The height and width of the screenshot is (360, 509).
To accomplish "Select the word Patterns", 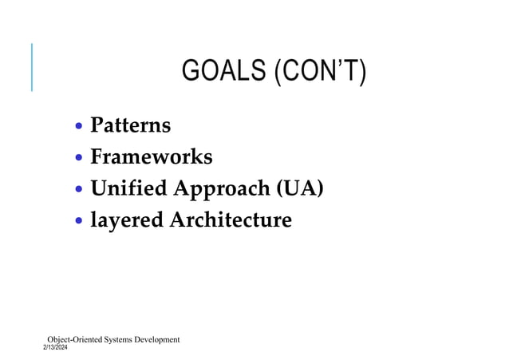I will coord(130,125).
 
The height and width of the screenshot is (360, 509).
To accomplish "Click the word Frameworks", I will coord(151,156).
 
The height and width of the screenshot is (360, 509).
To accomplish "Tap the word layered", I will coord(126,220).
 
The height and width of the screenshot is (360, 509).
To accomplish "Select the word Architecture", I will coord(230,219).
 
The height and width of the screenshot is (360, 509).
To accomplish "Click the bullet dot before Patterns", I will coord(79,127).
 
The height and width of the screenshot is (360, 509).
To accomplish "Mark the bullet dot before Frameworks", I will coord(79,158).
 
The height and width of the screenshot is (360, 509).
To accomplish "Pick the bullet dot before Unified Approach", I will coord(79,190).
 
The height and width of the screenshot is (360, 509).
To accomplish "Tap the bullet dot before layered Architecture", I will coord(79,221).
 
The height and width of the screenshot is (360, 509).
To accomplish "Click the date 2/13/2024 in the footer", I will coord(56,348).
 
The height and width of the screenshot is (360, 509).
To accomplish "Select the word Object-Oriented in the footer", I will coord(76,339).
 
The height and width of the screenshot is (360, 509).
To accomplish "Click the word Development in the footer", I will coord(159,339).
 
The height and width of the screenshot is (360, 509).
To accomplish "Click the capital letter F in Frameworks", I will coord(97,156).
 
